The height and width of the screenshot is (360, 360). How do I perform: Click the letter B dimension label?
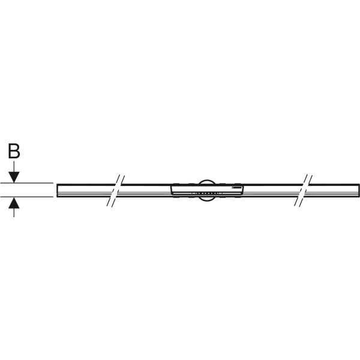click(14, 151)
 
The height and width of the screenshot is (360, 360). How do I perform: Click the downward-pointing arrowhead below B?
click(14, 177)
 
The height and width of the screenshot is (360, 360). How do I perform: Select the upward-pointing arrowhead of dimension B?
click(14, 203)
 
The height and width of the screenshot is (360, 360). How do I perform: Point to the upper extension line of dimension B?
click(27, 183)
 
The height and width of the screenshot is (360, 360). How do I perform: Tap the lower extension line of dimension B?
click(27, 197)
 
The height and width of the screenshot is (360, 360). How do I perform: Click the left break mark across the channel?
click(116, 191)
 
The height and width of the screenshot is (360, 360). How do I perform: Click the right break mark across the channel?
click(303, 190)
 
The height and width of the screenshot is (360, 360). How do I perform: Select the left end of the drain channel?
click(57, 190)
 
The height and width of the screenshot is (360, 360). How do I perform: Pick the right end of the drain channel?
click(359, 190)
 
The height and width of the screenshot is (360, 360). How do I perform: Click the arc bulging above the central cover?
click(206, 180)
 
